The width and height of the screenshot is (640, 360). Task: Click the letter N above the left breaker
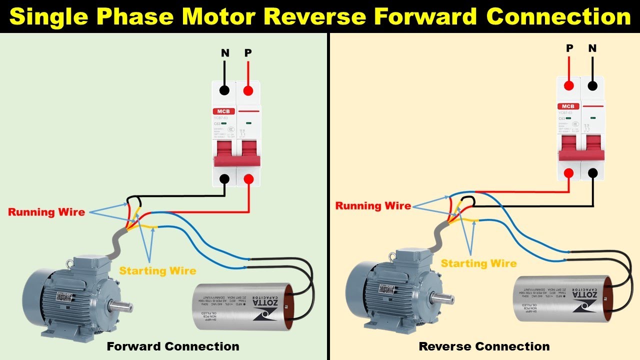coord(225,52)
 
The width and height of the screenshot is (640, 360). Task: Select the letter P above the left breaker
coord(248,52)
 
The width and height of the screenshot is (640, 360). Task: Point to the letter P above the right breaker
coord(569,48)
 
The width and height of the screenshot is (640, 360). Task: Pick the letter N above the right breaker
coord(592,48)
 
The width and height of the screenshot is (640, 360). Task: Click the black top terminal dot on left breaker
coord(225,90)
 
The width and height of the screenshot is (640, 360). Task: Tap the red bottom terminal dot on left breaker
coord(248,178)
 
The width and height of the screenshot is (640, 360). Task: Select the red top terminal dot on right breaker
coord(568,85)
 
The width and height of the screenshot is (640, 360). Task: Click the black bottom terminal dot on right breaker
coord(592,173)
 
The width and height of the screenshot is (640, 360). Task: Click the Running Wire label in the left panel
coord(46,212)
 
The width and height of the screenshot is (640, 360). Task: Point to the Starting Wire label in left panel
coord(157,270)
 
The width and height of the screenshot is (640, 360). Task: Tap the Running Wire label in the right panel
coord(373,205)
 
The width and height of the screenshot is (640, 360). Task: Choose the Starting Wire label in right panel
coord(478,263)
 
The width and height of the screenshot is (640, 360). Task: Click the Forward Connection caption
coord(173,346)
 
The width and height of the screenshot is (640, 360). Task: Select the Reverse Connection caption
coord(484,346)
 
